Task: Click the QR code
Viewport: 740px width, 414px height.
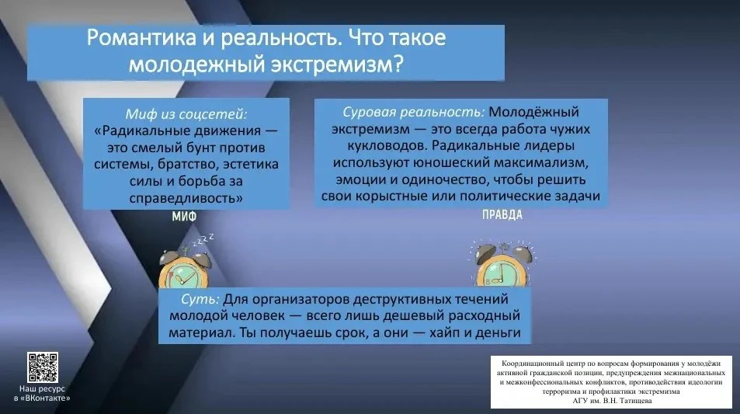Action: click(43, 367)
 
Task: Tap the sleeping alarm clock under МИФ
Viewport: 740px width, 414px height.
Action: click(185, 267)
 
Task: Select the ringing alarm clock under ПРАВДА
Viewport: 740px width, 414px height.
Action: click(503, 264)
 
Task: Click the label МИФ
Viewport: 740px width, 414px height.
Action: click(184, 217)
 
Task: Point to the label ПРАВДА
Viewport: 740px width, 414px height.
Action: click(502, 215)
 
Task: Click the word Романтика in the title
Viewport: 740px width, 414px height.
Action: click(141, 37)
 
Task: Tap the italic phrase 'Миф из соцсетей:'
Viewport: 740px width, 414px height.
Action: click(186, 113)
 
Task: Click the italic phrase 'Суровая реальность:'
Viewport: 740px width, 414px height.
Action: click(413, 112)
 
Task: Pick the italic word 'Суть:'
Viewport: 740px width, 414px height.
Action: click(200, 299)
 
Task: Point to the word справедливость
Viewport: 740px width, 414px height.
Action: click(186, 198)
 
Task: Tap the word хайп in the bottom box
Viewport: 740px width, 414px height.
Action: click(445, 332)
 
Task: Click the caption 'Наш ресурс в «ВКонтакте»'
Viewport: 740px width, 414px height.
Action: click(42, 393)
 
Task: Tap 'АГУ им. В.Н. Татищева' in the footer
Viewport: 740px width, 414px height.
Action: click(612, 401)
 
